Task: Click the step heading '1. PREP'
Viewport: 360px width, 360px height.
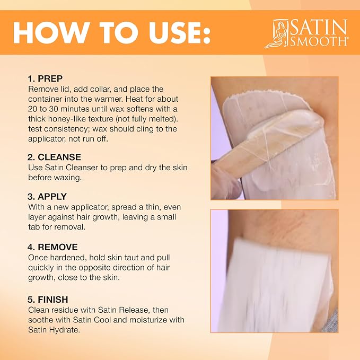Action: (x=45, y=79)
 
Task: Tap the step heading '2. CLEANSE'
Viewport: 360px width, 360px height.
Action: (x=54, y=157)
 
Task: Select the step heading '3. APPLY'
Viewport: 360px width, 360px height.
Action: (x=47, y=197)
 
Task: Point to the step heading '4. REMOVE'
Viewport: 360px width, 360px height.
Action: (x=52, y=247)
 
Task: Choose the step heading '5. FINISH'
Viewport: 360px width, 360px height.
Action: (x=48, y=300)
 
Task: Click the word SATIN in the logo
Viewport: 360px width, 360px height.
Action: (x=318, y=27)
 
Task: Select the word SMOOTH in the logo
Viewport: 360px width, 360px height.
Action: (x=319, y=41)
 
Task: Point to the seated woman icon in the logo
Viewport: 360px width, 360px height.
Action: (x=277, y=34)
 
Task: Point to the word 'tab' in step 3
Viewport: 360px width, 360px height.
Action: (x=34, y=227)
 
